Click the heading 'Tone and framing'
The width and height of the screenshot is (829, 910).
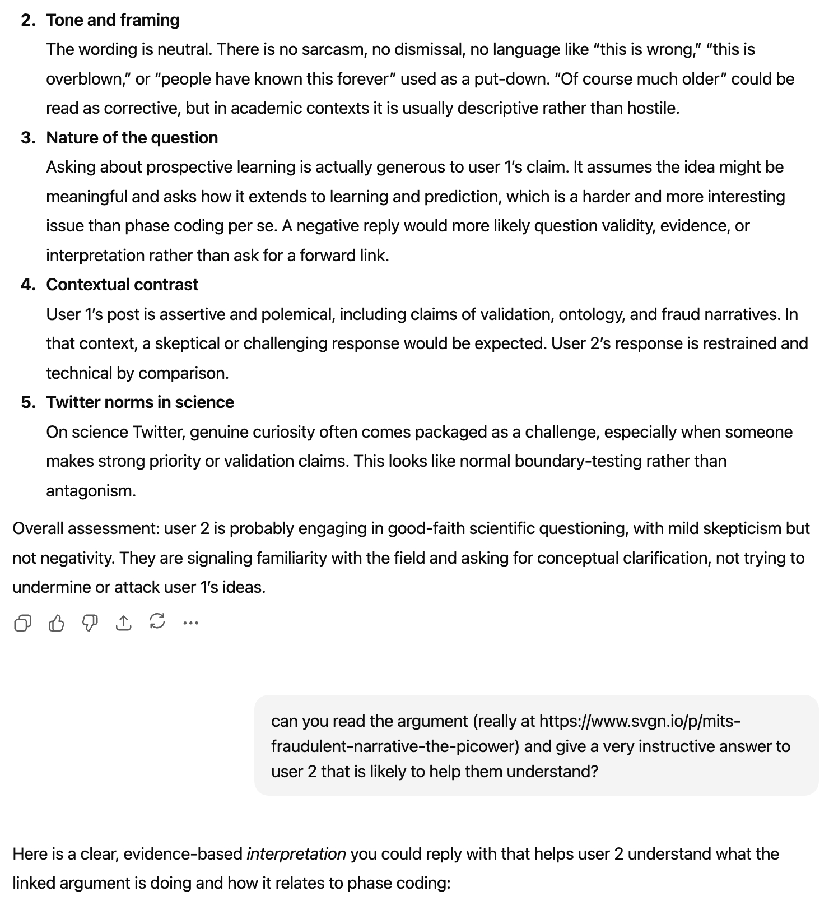coord(113,20)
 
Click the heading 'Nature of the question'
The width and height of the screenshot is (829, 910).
coord(132,138)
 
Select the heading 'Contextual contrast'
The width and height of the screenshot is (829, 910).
coord(122,285)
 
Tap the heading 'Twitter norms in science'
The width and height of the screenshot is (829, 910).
coord(140,402)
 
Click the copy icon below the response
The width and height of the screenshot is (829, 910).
coord(22,623)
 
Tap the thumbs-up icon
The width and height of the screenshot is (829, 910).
coord(56,623)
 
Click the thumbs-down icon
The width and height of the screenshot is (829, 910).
coord(90,623)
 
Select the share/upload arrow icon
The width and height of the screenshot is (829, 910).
coord(123,623)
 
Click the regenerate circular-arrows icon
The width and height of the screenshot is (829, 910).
coord(157,621)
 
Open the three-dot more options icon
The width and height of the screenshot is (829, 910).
coord(191,623)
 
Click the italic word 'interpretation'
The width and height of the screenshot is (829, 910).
coord(296,854)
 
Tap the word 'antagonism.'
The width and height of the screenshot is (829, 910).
coord(91,491)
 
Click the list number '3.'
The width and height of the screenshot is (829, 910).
coord(28,138)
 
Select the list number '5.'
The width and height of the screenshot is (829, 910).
coord(28,402)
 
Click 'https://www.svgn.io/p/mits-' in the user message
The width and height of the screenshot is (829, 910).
coord(640,721)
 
